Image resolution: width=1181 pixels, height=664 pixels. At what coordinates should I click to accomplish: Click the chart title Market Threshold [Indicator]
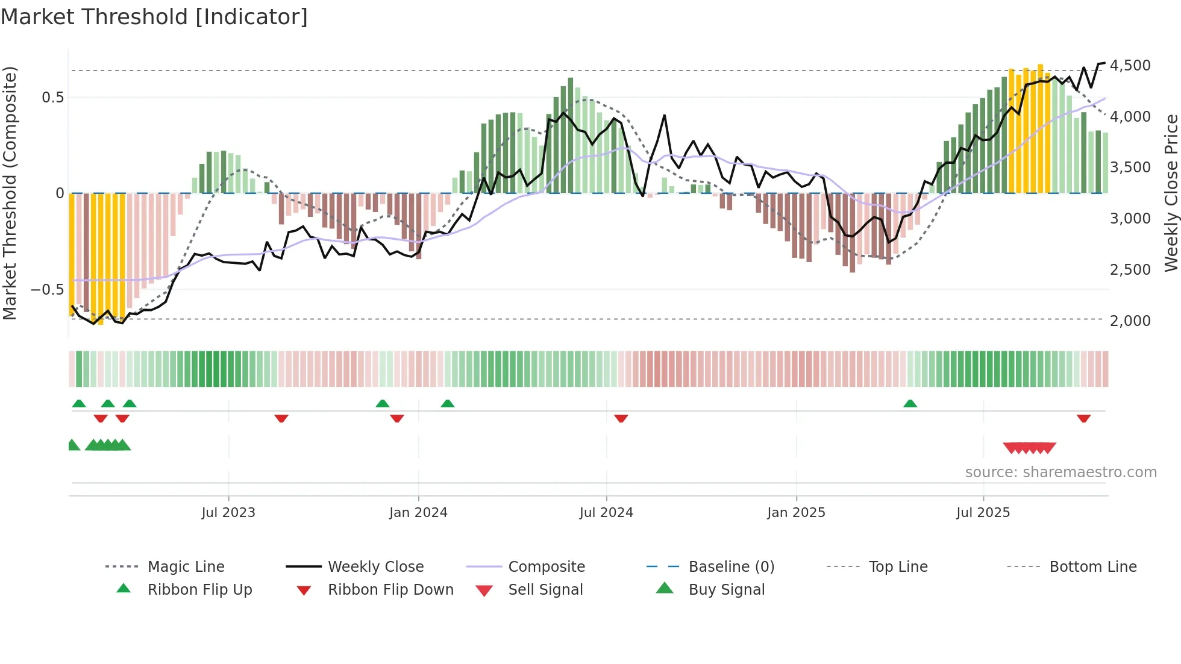coord(154,17)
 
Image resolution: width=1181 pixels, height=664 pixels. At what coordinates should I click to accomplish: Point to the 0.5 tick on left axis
coord(52,98)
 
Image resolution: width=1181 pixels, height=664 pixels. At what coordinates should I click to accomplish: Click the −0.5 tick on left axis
coord(47,290)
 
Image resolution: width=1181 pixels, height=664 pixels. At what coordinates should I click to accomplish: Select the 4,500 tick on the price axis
coord(1130,65)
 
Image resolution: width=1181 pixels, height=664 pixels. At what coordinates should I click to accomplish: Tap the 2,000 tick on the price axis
coord(1130,321)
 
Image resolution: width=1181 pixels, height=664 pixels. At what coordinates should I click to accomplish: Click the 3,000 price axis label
coord(1130,218)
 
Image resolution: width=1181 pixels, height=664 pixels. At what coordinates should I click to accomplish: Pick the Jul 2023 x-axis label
coord(228,513)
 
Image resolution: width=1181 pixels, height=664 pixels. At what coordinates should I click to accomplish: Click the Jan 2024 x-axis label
coord(418,513)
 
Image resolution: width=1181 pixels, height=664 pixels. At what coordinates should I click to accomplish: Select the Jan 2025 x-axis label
coord(796,513)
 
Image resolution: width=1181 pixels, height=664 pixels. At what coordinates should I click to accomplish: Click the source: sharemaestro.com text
coord(1060,472)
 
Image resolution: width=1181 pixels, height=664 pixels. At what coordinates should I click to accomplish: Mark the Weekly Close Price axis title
coord(1171,193)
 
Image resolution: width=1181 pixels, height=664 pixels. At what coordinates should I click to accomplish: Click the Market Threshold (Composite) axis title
coord(10,193)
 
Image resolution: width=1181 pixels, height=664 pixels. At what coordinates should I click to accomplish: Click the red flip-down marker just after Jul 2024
coord(621,418)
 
